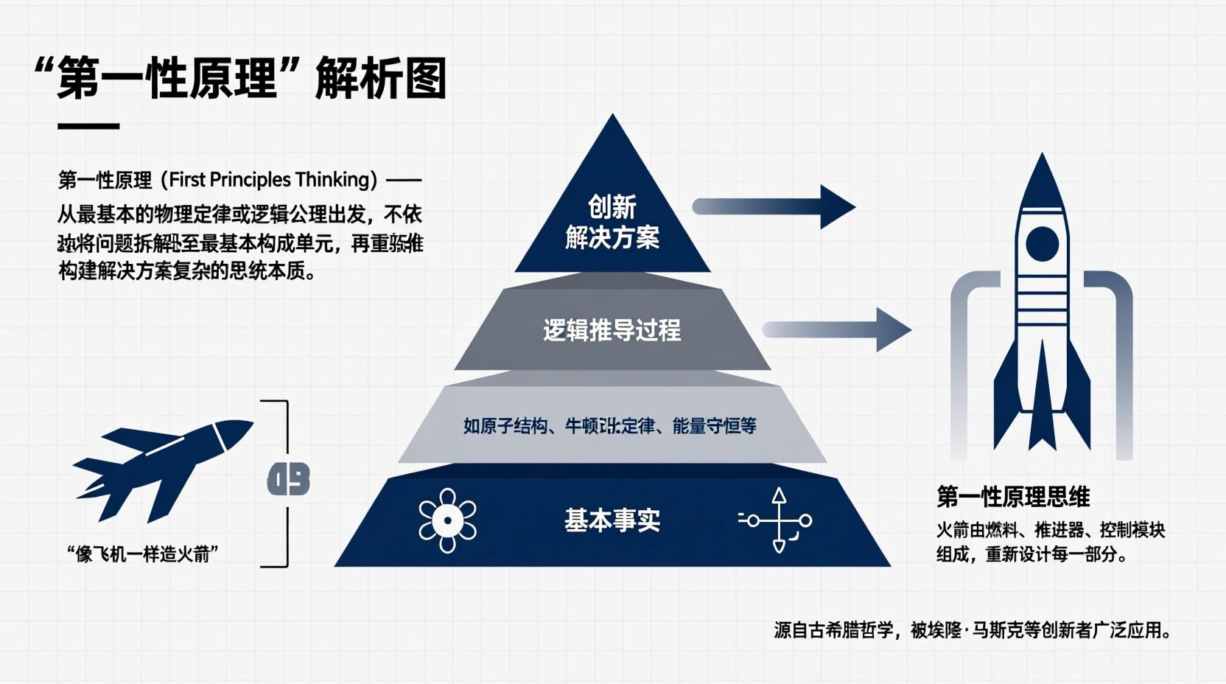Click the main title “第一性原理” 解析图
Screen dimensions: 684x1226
point(240,78)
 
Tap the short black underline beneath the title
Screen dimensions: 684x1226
point(88,126)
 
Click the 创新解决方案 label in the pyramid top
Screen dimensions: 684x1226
point(612,222)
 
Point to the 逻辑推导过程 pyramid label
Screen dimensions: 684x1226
point(612,330)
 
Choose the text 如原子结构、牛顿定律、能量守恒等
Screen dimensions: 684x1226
point(609,426)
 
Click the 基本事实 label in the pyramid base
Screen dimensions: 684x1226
point(612,520)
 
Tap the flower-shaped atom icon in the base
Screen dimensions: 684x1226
point(447,520)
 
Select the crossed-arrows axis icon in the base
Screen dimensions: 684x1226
point(778,520)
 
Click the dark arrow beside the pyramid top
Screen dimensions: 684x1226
point(774,206)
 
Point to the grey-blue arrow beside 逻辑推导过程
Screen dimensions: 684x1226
point(837,329)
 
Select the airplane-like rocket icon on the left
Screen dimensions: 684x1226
point(162,468)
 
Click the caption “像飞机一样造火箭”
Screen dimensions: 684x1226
point(142,554)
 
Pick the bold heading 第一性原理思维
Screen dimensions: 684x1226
point(1013,497)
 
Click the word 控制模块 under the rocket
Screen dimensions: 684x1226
point(1132,530)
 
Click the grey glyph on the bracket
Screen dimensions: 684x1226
point(288,480)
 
